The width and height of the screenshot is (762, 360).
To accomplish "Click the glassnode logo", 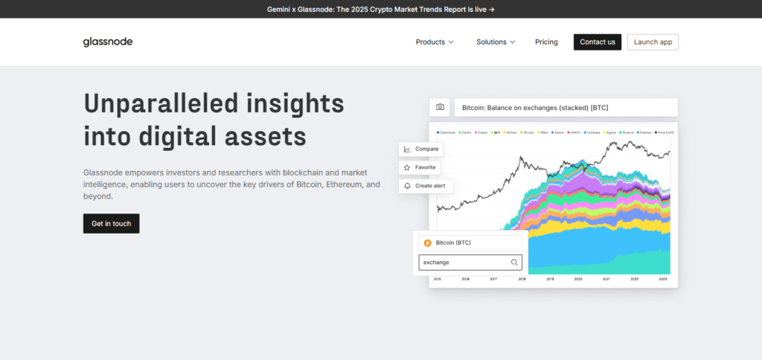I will point(108,42).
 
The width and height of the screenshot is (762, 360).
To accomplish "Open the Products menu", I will point(435,42).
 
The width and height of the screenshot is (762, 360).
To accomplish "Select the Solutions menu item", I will point(496,42).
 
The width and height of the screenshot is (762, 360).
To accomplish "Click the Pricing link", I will point(546,42).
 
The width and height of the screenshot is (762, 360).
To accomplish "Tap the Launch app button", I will point(653,42).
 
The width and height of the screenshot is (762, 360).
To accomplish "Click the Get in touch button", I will point(111,223).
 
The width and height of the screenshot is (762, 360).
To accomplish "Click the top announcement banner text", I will point(380,9).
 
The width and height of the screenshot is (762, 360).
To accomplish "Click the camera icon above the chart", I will point(440,107).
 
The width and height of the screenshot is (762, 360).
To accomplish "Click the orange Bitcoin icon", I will point(427,243).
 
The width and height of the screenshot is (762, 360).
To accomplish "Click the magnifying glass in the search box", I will point(514,263).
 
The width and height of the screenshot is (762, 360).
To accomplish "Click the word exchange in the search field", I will point(436,263).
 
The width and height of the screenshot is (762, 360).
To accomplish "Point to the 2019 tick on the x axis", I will point(551,279).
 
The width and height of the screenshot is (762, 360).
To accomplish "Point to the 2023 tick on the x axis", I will point(664,279).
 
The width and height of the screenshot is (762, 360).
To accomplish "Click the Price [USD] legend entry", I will point(665,132).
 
